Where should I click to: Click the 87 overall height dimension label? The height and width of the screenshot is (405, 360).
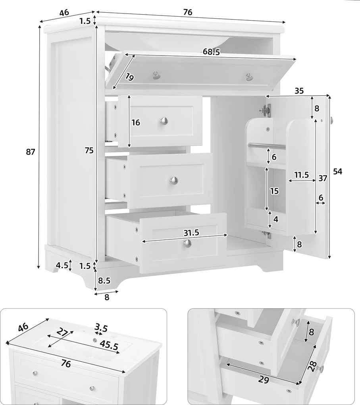pos(30,152)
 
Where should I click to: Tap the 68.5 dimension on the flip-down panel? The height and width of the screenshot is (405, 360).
pos(211,52)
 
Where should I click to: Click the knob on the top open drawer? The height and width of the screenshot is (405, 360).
pos(164,120)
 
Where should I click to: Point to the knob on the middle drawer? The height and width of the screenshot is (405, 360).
pos(174,180)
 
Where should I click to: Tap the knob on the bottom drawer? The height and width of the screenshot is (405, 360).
pos(187,243)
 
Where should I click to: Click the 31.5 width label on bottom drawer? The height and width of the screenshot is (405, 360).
pos(191,233)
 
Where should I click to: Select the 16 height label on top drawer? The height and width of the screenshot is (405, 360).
pos(136,122)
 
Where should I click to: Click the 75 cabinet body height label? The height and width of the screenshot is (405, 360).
pos(89,150)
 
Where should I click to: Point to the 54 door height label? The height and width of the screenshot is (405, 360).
pos(337,171)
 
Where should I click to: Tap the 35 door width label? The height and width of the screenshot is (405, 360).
pos(299,91)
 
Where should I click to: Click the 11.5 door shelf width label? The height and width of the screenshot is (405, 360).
pos(302,175)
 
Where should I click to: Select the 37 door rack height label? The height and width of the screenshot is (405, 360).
pos(323,178)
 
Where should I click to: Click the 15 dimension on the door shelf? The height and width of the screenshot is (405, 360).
pos(275,191)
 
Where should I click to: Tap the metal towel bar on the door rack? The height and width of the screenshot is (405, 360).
pos(267,146)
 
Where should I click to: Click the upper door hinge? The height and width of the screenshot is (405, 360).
pos(266,109)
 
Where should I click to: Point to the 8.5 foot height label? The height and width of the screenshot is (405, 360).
pos(104,280)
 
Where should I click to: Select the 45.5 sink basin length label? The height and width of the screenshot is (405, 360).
pos(109,345)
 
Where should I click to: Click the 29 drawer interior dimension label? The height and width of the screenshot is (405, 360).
pos(264,380)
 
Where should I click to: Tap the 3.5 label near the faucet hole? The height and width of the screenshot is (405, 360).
pos(101,328)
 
